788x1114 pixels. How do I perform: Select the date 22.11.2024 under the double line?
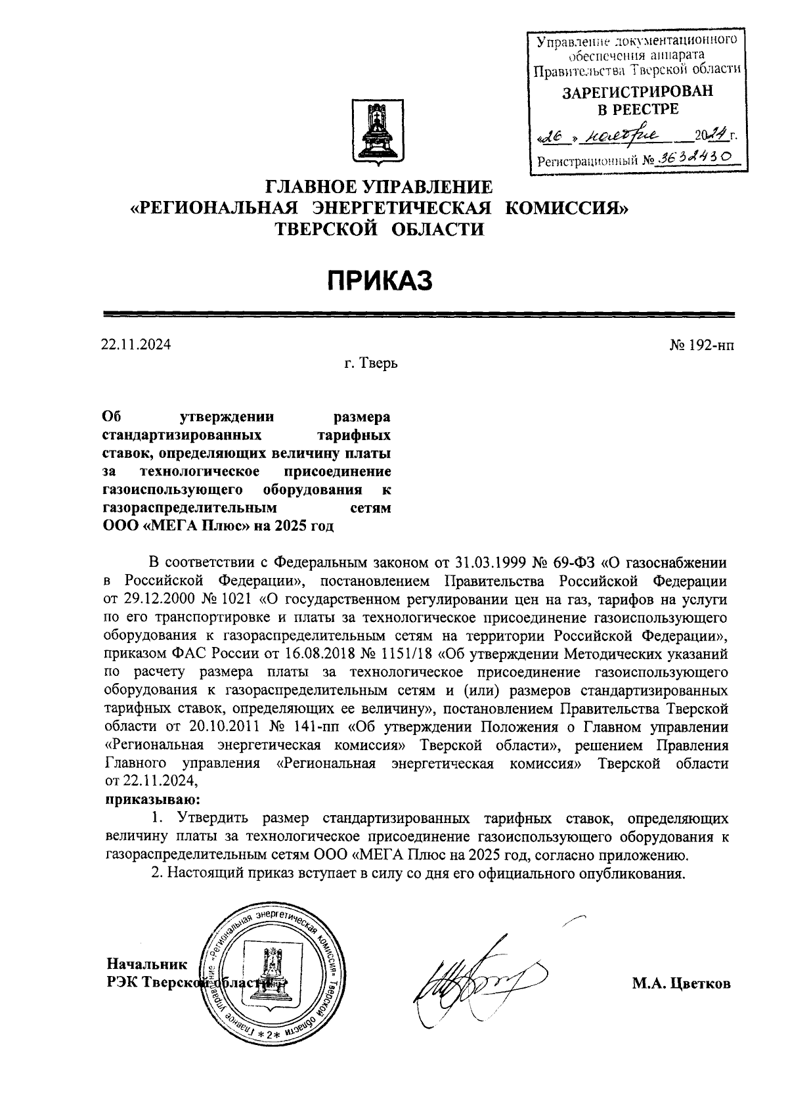pos(136,344)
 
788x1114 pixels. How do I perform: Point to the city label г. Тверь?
pos(371,363)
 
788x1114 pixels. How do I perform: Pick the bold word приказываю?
pos(152,799)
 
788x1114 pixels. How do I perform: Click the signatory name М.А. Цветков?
pos(681,983)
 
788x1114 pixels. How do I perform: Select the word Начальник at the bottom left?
pos(147,964)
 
